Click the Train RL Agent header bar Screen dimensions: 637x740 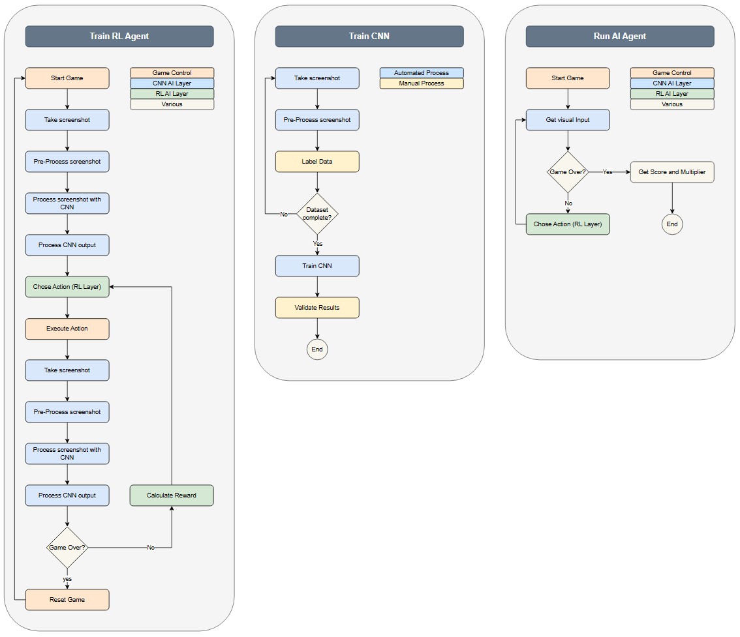(119, 37)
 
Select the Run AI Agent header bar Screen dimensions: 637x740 (620, 37)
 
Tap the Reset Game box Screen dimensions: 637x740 (67, 600)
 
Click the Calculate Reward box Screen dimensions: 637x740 (172, 496)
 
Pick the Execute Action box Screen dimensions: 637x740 (67, 329)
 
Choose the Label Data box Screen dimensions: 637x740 (317, 162)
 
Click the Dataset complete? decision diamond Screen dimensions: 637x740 (317, 214)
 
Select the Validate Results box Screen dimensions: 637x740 (317, 308)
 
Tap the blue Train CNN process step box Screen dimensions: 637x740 (317, 266)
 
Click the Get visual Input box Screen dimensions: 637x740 (568, 120)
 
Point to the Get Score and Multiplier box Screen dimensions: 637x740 (672, 172)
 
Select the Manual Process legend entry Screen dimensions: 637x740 (422, 83)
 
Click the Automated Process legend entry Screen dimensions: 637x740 (422, 73)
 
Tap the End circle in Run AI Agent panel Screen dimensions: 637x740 (672, 224)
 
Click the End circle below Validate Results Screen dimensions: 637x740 (317, 349)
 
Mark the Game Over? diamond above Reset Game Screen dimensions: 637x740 (67, 548)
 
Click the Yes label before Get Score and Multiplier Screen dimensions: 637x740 (608, 172)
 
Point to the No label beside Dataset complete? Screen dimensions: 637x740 (284, 214)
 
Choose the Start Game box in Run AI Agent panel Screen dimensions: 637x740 (568, 78)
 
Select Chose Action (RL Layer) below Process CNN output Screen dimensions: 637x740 (67, 287)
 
